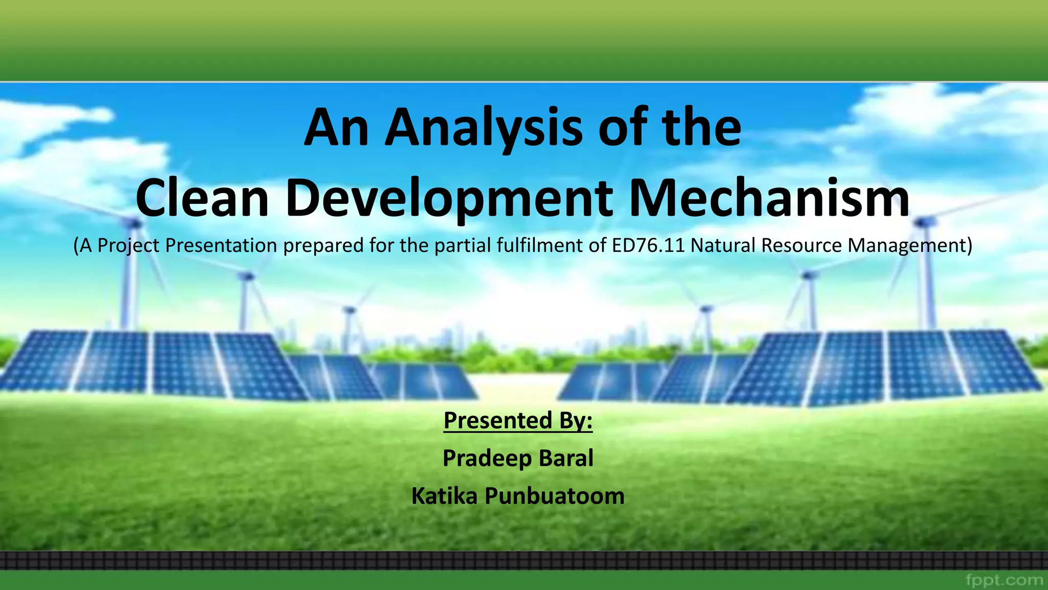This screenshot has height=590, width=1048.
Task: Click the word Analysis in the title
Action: [x=484, y=128]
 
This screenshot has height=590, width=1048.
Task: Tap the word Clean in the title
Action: [x=202, y=199]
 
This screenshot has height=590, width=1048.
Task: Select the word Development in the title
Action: [x=449, y=199]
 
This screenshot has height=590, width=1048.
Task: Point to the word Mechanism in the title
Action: [x=769, y=199]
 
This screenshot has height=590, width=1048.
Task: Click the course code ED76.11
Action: [x=648, y=245]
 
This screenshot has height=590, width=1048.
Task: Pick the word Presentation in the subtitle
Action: [x=221, y=245]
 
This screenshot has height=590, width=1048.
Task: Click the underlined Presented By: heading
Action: [x=518, y=420]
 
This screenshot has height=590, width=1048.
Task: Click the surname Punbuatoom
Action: [x=554, y=496]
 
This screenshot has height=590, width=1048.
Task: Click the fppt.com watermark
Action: [x=1005, y=580]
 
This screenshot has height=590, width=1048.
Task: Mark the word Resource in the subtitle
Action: [x=801, y=245]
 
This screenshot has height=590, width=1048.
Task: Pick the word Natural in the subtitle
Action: [x=723, y=245]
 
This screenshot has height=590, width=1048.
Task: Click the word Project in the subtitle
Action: [x=128, y=245]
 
